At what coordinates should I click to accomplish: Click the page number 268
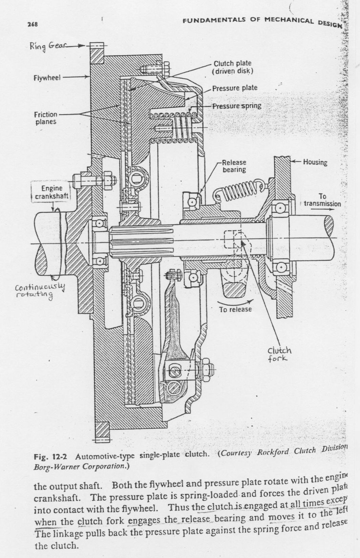32,24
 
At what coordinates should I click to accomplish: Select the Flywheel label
47,78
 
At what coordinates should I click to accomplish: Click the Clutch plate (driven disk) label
233,67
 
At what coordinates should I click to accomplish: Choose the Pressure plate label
235,88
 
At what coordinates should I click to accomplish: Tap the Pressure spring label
237,106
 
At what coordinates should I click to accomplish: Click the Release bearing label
234,166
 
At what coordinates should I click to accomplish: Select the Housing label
315,162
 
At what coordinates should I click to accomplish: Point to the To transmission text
322,200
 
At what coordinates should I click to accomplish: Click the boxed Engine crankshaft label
51,192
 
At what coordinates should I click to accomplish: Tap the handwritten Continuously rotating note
40,291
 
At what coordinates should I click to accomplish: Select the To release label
235,309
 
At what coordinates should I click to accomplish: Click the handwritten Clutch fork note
279,354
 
